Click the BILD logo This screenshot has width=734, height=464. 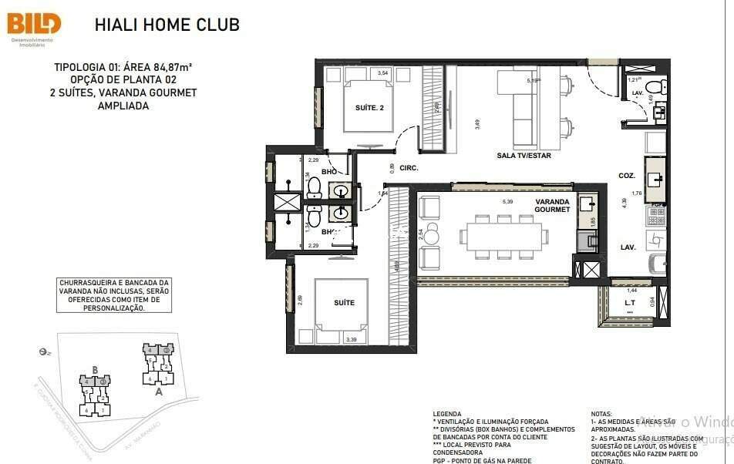34,23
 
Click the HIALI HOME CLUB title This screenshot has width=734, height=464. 167,25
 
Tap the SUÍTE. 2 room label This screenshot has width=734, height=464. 369,108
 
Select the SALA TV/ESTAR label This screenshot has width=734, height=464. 524,156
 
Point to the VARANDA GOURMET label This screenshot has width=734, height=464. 553,205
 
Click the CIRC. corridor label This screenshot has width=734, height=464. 409,167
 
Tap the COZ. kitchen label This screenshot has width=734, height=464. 626,176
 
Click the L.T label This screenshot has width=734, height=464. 629,303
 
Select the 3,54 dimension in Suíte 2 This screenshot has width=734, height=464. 382,73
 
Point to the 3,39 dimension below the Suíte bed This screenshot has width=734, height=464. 352,339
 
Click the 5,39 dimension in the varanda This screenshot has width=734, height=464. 507,202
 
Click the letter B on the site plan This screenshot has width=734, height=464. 95,369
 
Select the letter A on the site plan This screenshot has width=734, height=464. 159,391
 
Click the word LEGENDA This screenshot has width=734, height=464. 447,414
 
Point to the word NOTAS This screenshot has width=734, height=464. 601,414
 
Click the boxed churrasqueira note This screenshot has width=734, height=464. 113,295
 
